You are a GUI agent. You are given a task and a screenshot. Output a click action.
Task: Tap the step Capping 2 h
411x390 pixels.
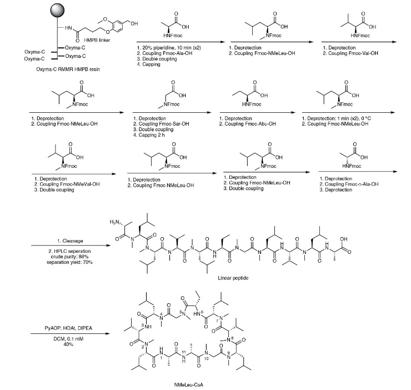[153, 135]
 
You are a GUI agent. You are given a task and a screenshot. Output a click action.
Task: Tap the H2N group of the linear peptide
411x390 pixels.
[114, 222]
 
